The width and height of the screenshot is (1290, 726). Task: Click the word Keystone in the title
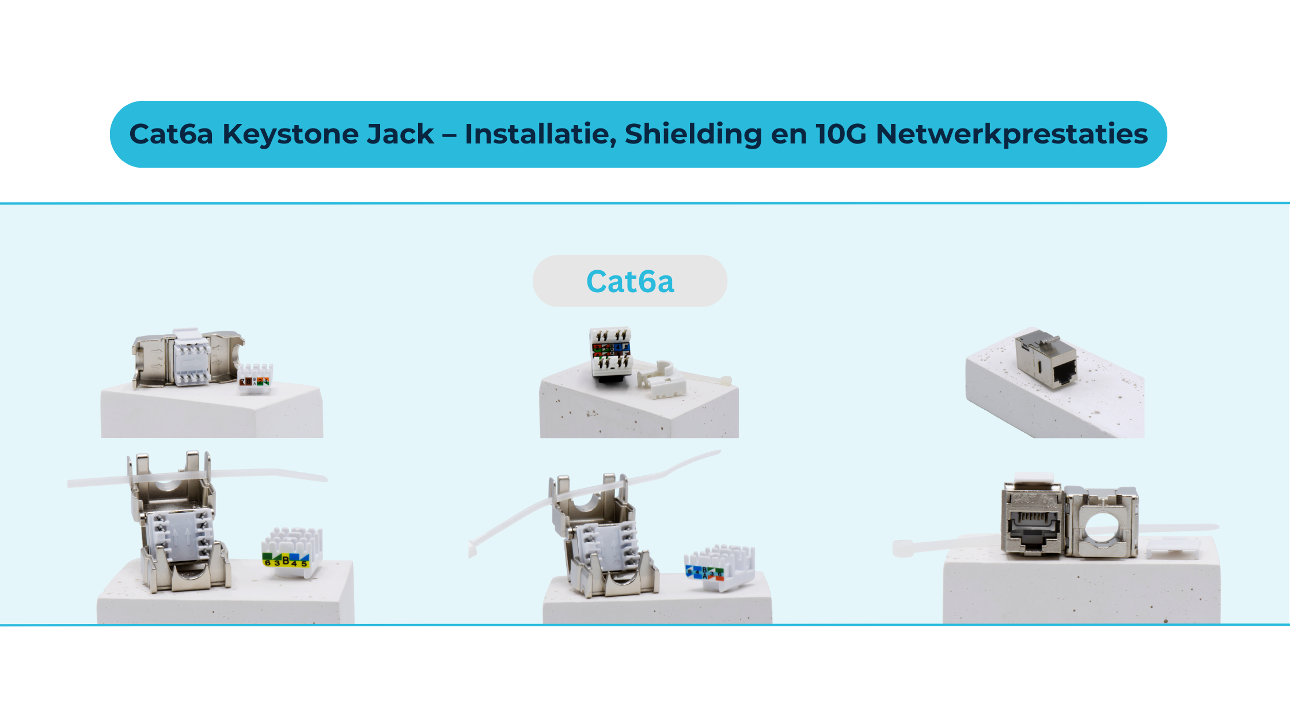pyautogui.click(x=328, y=134)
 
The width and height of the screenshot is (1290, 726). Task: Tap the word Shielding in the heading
pyautogui.click(x=693, y=134)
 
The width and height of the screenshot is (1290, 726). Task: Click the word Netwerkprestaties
pyautogui.click(x=1011, y=134)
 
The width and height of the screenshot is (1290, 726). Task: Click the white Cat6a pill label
pyautogui.click(x=630, y=281)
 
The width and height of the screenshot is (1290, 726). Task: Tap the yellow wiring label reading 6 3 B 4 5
pyautogui.click(x=286, y=559)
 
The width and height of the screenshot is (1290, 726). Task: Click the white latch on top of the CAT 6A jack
pyautogui.click(x=1034, y=479)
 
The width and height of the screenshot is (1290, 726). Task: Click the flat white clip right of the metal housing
pyautogui.click(x=1172, y=548)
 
